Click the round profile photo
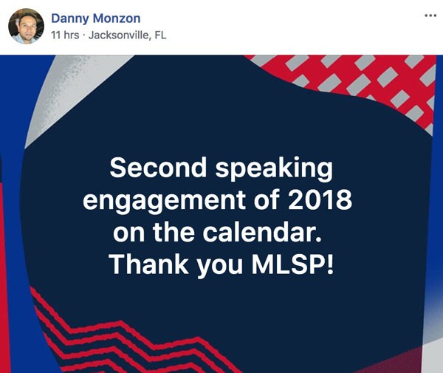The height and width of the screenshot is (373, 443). [27, 26]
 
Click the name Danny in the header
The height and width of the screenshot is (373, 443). [70, 18]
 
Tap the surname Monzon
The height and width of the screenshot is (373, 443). [117, 18]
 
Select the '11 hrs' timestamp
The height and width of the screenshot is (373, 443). [65, 35]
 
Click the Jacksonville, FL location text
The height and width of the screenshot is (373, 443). [128, 35]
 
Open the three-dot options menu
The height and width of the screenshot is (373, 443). [430, 16]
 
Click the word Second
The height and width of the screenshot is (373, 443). [158, 167]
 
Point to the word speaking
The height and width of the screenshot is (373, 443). [274, 169]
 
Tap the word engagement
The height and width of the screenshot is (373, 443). [165, 201]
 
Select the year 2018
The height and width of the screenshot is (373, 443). [320, 199]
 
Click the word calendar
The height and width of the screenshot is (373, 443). [262, 232]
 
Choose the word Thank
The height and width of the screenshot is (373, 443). [149, 264]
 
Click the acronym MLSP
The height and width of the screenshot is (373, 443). [288, 264]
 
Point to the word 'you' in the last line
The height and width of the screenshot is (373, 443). [219, 267]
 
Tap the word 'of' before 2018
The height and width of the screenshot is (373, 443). [267, 199]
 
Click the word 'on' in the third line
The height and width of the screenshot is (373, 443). [128, 235]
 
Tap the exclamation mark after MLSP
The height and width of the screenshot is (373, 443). [330, 264]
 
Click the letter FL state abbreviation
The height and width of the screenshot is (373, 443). [160, 35]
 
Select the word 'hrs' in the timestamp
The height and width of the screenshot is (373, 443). [72, 35]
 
